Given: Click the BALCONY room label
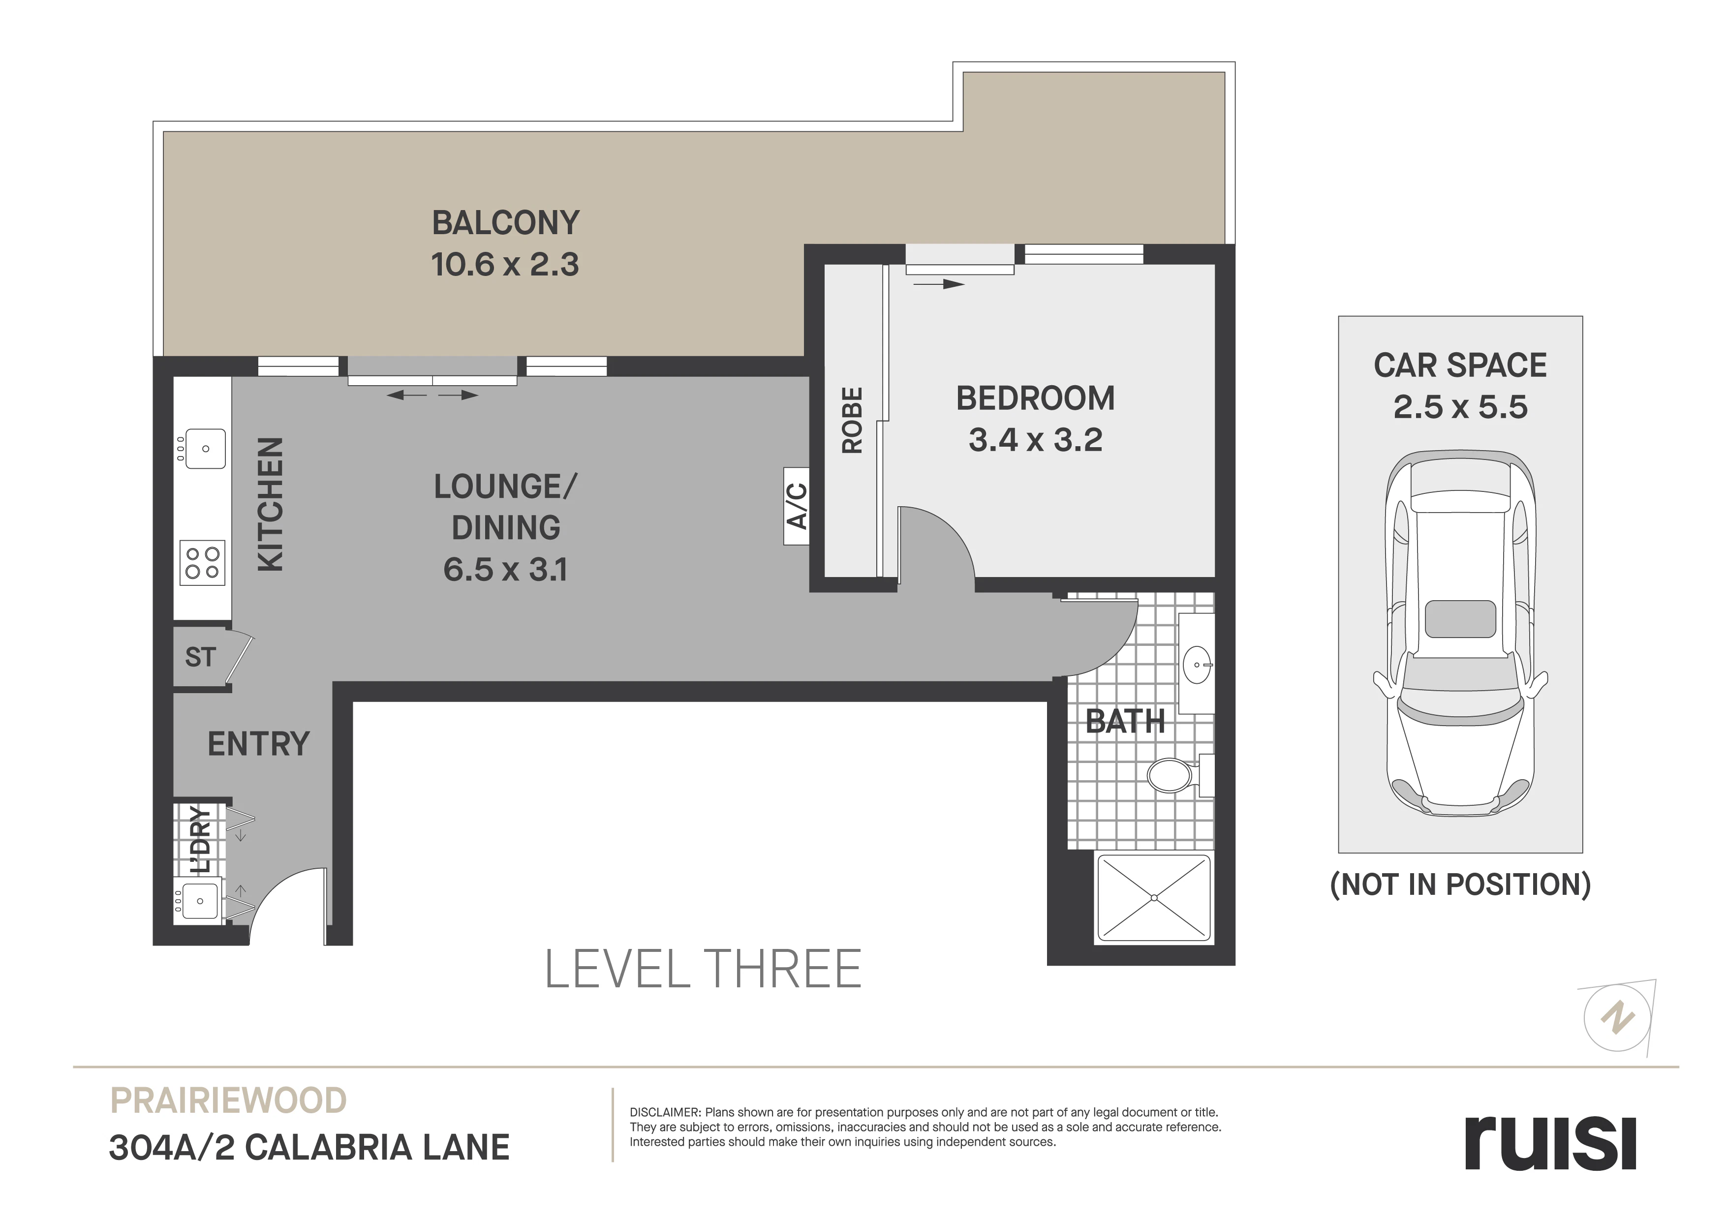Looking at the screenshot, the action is (506, 223).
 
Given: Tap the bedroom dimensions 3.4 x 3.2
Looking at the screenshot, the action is (1035, 440).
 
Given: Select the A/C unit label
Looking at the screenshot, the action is (796, 506).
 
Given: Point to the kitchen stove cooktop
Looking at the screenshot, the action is (202, 562).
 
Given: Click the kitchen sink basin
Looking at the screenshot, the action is (205, 449).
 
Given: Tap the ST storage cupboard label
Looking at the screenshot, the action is (200, 657).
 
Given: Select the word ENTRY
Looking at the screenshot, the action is (259, 744).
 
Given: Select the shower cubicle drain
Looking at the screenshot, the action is (1154, 897).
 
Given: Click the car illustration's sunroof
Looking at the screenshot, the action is (1460, 619).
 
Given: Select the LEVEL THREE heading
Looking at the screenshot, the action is (703, 969).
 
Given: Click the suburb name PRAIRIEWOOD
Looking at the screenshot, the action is (228, 1100).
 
